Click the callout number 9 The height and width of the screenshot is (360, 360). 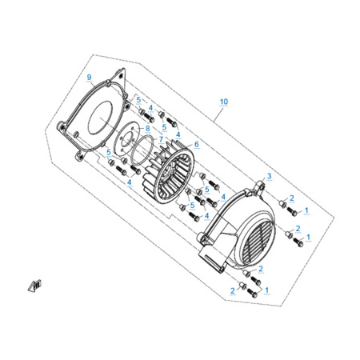(x=89, y=78)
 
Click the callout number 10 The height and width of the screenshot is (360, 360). (x=224, y=102)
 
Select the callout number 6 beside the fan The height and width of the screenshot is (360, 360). (x=197, y=144)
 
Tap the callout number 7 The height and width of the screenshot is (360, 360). (x=161, y=139)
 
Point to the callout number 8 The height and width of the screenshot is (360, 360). (x=147, y=128)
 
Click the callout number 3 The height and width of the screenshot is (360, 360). (x=270, y=176)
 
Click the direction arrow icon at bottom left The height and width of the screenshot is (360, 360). (x=35, y=286)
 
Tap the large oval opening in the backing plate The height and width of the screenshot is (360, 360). (x=100, y=118)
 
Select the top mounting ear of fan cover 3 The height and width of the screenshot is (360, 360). (x=259, y=186)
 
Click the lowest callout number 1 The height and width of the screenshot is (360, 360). (x=266, y=290)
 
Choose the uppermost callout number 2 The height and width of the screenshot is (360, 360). (x=292, y=198)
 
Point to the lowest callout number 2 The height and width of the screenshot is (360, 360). (x=233, y=290)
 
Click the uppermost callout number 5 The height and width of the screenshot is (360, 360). (x=138, y=100)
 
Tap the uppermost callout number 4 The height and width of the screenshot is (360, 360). (x=150, y=108)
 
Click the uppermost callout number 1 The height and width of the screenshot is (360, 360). (x=306, y=210)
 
